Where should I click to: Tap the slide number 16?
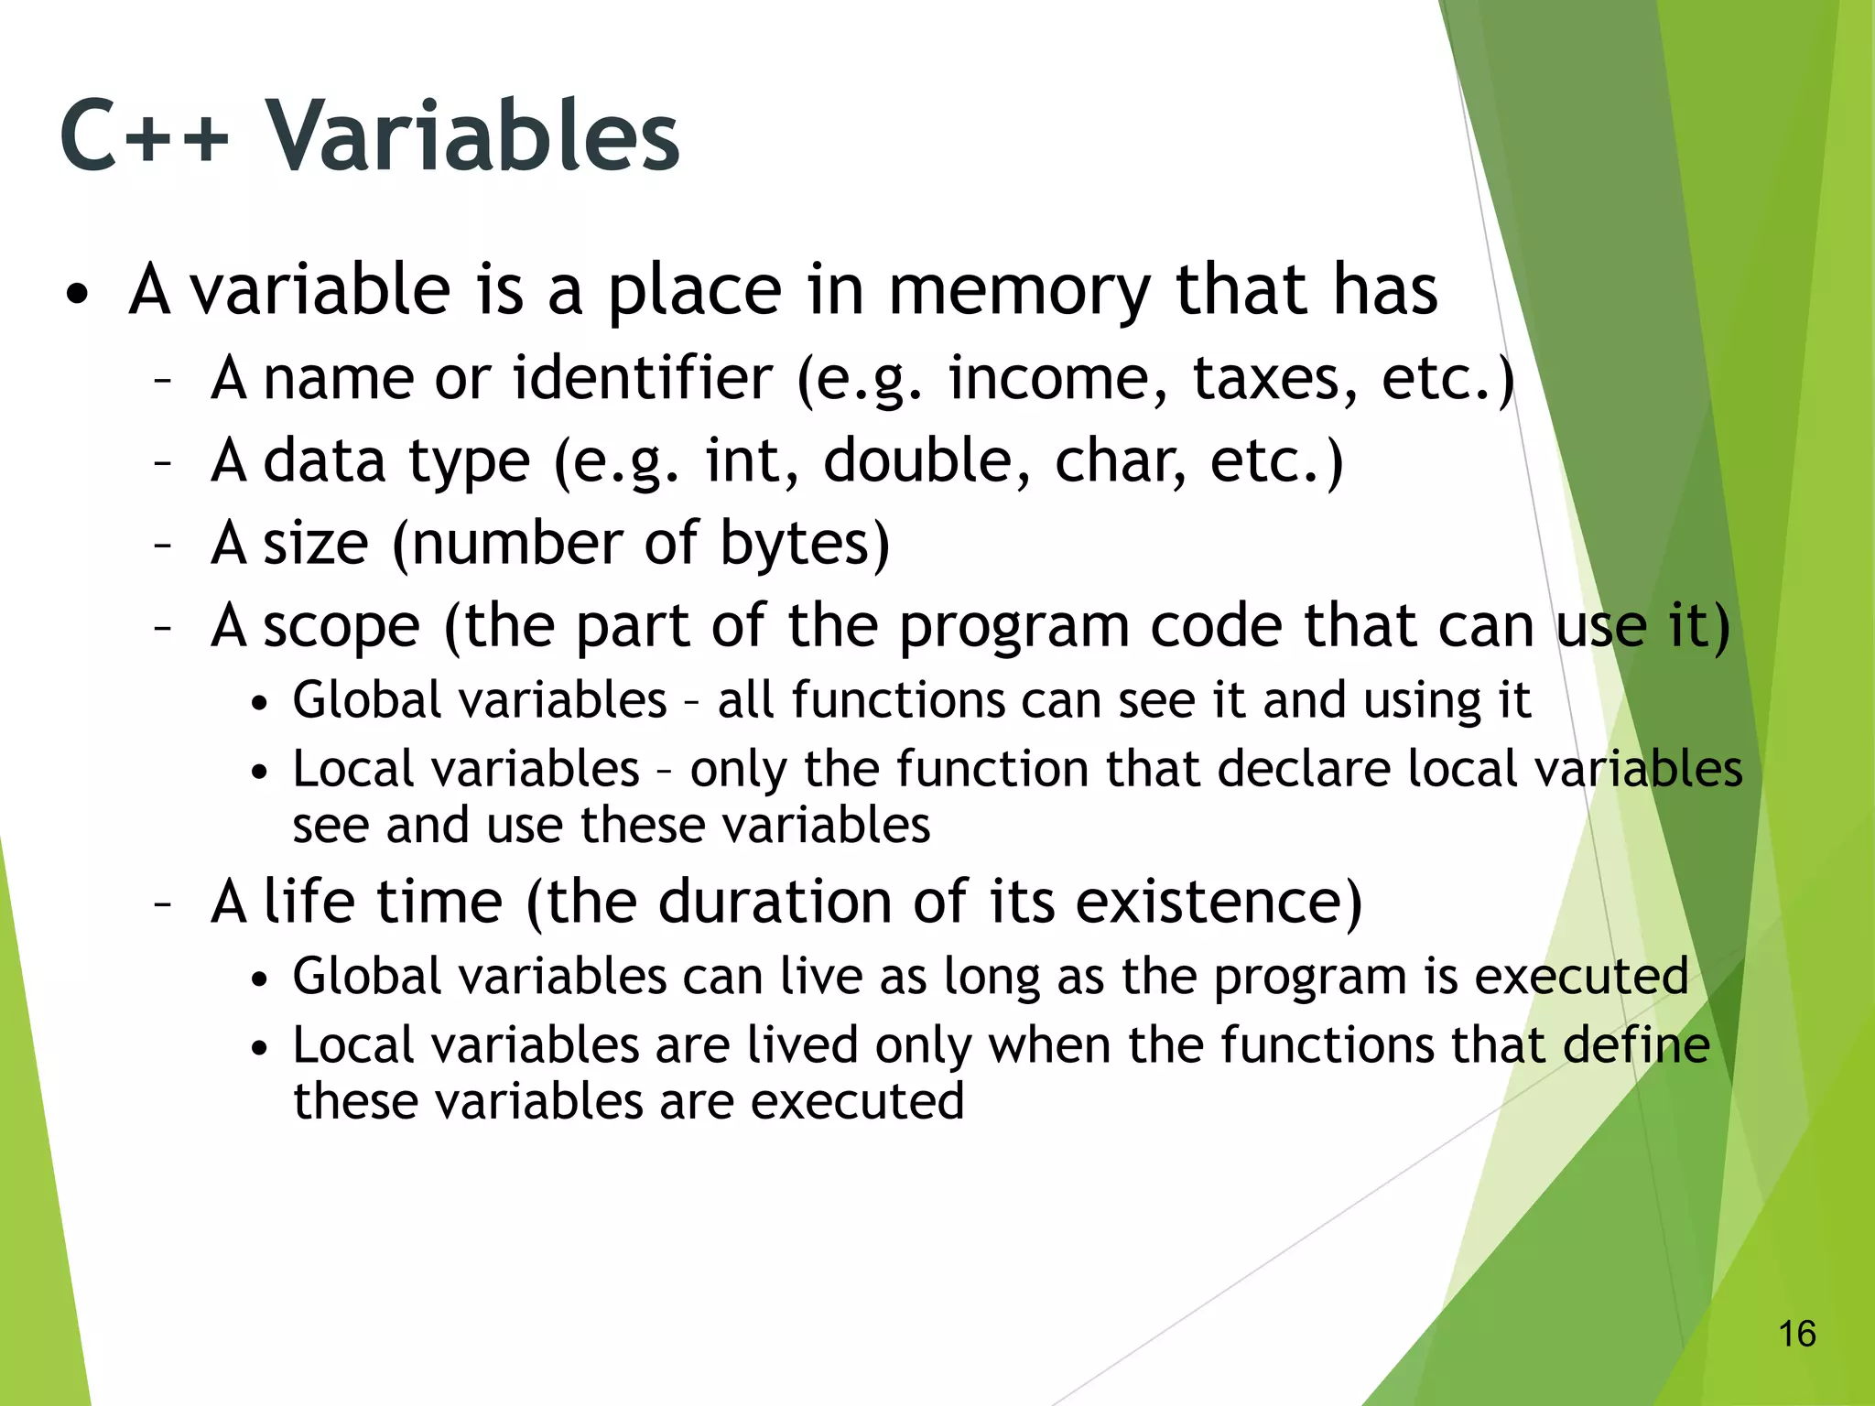1796,1334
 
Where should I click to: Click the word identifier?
642,378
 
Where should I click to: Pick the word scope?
341,627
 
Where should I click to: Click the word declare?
1304,769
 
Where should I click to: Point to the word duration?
775,902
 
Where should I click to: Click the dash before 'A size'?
163,546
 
